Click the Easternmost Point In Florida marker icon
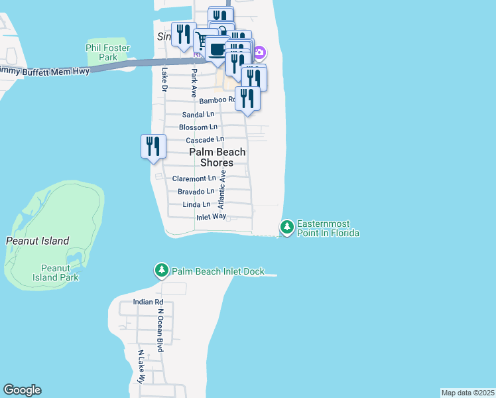pos(287,228)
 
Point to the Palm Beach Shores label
pos(217,157)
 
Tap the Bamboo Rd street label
pos(217,100)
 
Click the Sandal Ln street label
pos(198,114)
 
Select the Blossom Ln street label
pos(198,127)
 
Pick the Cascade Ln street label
pos(204,140)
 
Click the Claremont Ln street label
pos(194,178)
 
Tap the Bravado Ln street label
pos(196,192)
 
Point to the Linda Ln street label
pos(196,204)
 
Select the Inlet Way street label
pos(211,217)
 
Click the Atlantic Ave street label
pos(223,190)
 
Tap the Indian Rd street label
pos(144,301)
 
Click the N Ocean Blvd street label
pos(160,330)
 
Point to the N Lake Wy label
pos(141,367)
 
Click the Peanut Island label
pos(38,241)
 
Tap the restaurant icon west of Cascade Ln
pos(153,147)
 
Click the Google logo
pos(22,390)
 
